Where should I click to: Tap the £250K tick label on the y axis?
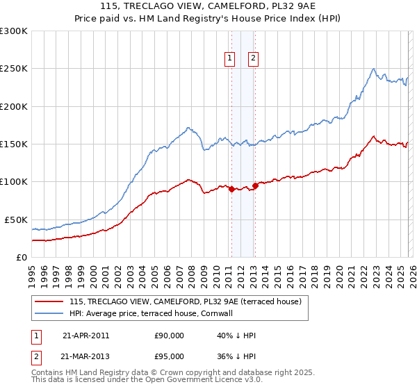pyautogui.click(x=14, y=69)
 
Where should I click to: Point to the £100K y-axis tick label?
pyautogui.click(x=14, y=182)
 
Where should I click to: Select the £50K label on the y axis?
pyautogui.click(x=16, y=220)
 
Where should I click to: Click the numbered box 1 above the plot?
pyautogui.click(x=229, y=59)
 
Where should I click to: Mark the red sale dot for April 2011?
pyautogui.click(x=231, y=189)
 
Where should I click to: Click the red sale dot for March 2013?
pyautogui.click(x=255, y=185)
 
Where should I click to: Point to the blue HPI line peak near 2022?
pyautogui.click(x=374, y=69)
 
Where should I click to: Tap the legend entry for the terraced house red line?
pyautogui.click(x=185, y=302)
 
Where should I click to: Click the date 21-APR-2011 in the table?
pyautogui.click(x=85, y=336)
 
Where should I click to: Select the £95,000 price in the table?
pyautogui.click(x=169, y=356)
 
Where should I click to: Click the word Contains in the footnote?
pyautogui.click(x=47, y=373)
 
